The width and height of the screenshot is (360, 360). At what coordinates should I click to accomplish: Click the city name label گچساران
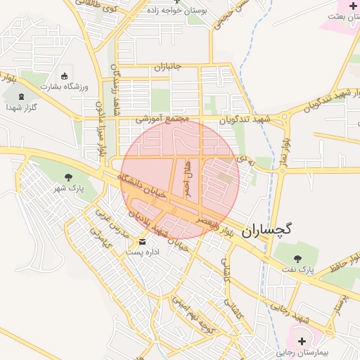pos(266,229)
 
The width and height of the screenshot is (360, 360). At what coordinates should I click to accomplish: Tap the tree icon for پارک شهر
pos(68,177)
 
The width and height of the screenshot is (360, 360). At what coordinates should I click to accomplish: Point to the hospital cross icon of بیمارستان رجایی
pos(302,340)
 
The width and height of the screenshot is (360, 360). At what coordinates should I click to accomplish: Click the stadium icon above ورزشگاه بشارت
pos(65,75)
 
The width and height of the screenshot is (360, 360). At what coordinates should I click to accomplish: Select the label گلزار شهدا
pos(21,108)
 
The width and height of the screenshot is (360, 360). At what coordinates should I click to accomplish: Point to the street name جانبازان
pos(167,67)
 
